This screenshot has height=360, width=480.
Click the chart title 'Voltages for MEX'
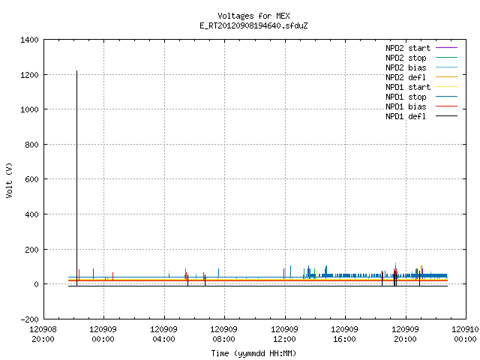point(253,16)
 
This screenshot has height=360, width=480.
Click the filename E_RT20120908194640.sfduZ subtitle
point(253,25)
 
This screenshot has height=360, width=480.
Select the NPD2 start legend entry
point(421,48)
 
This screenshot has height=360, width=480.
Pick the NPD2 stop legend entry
point(421,58)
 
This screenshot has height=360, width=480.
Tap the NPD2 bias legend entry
point(421,67)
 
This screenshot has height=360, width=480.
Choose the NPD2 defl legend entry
point(421,77)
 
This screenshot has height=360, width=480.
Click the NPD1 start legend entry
point(421,87)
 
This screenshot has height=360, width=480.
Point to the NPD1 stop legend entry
point(421,97)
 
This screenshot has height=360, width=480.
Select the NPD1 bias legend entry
point(421,106)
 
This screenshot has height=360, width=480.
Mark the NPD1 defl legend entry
point(421,117)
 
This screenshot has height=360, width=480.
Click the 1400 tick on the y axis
point(29,40)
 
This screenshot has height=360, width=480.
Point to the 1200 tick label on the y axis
point(29,75)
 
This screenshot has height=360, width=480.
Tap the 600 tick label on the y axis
point(31,179)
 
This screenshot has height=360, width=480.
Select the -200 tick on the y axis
point(29,319)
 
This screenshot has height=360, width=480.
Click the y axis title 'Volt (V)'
point(9,180)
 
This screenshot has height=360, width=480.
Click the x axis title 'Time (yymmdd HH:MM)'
point(253,353)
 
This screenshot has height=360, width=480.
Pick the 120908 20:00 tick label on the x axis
point(43,334)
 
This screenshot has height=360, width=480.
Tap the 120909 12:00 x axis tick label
point(285,334)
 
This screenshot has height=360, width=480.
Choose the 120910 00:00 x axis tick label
point(465,334)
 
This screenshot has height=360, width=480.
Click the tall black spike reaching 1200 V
point(76,178)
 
